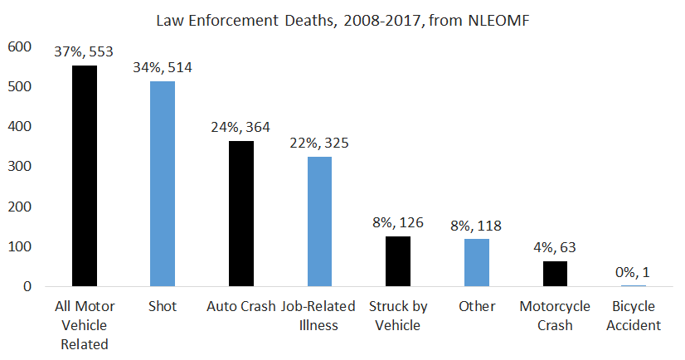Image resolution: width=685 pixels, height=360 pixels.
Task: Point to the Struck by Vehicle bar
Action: (x=398, y=261)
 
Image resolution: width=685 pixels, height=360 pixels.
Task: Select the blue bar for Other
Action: (x=476, y=263)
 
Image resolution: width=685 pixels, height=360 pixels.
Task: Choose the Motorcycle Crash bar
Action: (x=555, y=274)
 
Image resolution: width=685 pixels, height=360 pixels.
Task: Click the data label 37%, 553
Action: (x=85, y=51)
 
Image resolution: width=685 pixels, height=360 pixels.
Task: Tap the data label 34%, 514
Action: (x=163, y=67)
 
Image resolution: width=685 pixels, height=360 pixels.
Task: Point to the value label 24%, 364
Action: (x=241, y=127)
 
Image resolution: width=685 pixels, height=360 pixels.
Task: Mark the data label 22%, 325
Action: (x=319, y=143)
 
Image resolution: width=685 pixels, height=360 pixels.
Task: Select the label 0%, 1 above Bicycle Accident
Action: (x=633, y=271)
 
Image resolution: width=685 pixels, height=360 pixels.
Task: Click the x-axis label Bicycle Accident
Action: (x=633, y=315)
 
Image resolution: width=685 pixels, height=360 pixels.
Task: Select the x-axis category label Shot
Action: (x=163, y=306)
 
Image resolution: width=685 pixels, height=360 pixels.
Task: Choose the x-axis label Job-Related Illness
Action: (x=319, y=315)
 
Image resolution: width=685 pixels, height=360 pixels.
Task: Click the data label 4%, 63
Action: (x=555, y=246)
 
